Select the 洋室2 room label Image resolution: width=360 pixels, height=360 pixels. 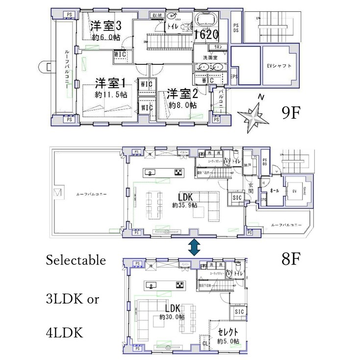(182, 93)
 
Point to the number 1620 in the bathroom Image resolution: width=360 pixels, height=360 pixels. (206, 35)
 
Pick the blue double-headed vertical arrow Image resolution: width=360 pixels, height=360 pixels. (194, 247)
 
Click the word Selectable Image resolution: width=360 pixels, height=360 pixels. (76, 260)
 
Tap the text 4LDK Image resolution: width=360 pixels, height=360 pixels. (64, 333)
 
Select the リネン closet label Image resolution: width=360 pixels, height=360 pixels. (216, 47)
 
